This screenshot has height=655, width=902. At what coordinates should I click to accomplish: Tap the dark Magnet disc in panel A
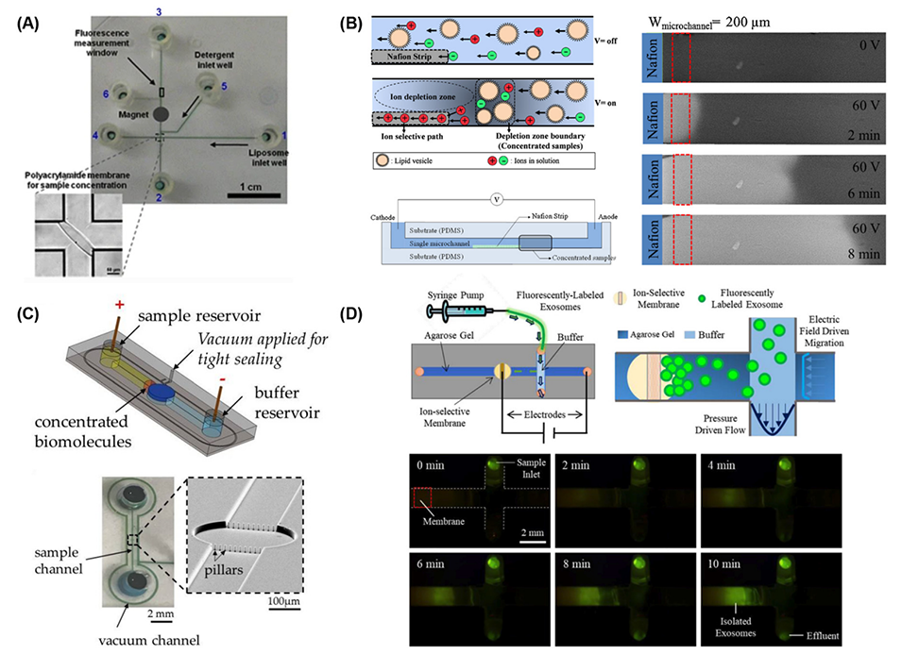pyautogui.click(x=163, y=113)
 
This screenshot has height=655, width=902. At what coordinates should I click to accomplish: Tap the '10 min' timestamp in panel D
pyautogui.click(x=729, y=555)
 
